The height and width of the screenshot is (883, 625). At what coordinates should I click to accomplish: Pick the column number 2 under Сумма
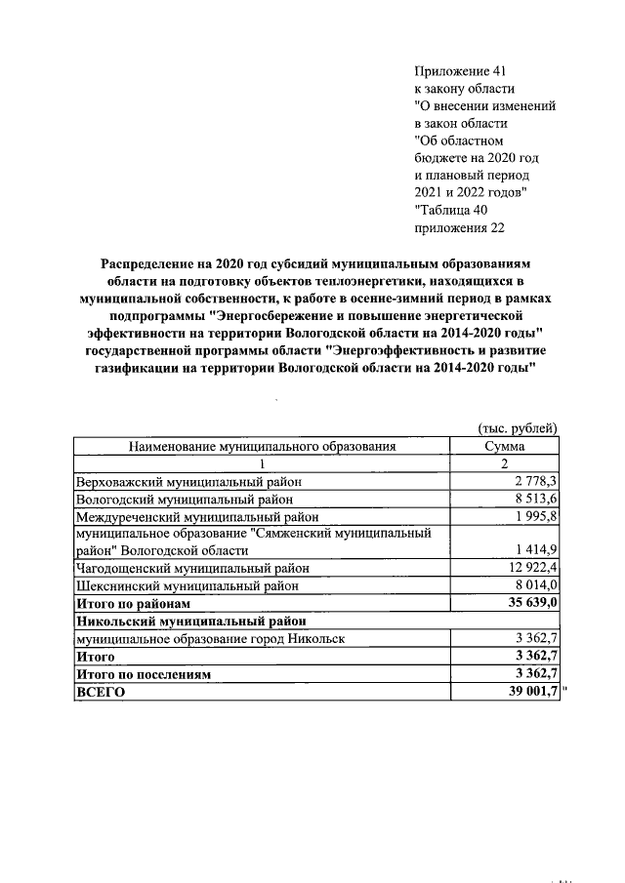(505, 463)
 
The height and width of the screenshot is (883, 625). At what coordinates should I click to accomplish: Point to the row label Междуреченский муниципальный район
(197, 516)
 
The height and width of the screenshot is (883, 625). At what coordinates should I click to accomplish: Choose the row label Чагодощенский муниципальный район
(192, 568)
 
